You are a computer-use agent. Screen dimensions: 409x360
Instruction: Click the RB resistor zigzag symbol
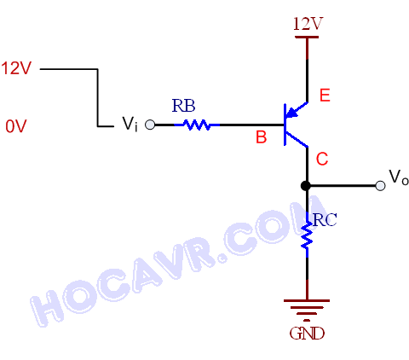197,125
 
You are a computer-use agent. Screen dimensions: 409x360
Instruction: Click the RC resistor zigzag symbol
307,235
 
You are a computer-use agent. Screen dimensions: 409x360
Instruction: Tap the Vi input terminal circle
150,125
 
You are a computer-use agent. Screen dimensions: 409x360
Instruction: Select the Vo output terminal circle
380,186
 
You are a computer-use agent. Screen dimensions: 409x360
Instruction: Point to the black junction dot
306,186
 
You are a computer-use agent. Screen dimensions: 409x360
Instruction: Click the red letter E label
325,96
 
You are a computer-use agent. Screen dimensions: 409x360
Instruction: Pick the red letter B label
262,137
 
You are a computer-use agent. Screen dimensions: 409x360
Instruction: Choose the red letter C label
322,159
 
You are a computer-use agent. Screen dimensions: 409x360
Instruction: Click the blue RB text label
184,106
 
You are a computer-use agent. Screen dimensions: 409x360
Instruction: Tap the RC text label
325,220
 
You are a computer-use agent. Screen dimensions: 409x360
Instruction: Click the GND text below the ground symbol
307,334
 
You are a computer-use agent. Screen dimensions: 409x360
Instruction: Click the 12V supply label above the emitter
308,24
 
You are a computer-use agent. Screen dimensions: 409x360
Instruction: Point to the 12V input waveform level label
16,68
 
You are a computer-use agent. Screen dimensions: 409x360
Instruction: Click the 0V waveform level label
16,126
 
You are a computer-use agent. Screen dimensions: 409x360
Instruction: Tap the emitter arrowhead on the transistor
291,113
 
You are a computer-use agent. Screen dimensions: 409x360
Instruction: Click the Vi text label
130,125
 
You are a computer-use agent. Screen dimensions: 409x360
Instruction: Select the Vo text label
399,177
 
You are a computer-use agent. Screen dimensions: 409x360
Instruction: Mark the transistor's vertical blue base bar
285,125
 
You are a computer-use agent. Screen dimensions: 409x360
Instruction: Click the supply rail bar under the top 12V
307,37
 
